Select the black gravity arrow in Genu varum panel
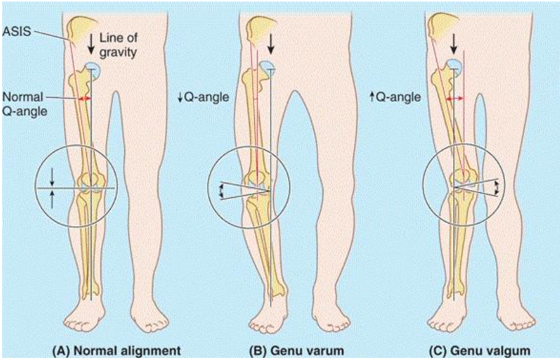273,42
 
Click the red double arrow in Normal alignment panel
85,99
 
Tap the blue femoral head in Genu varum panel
266,67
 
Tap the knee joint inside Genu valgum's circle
461,183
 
